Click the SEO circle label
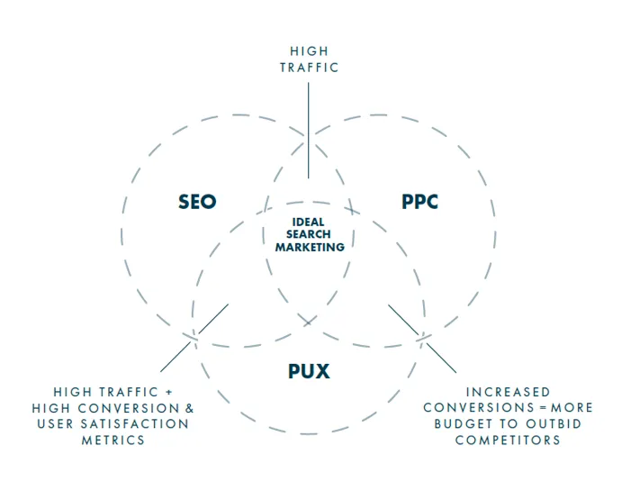(197, 201)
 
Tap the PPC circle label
(419, 201)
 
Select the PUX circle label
(309, 371)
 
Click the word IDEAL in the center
(308, 222)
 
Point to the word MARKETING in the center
(310, 247)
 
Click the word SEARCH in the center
(309, 234)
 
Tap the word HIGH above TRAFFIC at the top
(309, 51)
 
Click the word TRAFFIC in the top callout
(309, 68)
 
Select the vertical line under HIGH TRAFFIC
(308, 131)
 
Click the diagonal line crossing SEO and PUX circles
(194, 338)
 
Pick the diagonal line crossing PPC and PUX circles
(422, 339)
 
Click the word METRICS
(113, 441)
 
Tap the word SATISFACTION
(135, 424)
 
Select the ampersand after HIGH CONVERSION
(190, 408)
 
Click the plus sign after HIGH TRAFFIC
(169, 393)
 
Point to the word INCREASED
(509, 393)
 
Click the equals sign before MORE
(543, 408)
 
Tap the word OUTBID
(554, 424)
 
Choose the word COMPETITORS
(508, 441)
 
